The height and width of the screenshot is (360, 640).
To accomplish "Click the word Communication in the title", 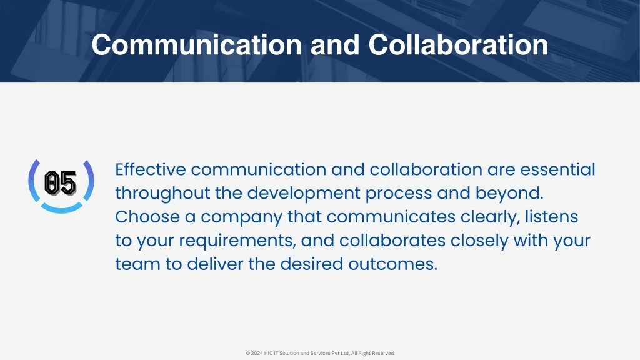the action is tap(197, 44).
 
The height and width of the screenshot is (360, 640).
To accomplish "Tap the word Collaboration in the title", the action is tap(458, 44).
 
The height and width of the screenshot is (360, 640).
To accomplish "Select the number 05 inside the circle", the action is tap(61, 183).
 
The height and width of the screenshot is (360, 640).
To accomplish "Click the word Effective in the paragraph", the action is tap(151, 169).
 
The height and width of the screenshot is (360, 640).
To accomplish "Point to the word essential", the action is tap(557, 169).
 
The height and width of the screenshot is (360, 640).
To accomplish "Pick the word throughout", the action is tap(162, 194).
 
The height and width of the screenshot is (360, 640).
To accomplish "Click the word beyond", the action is tap(509, 194).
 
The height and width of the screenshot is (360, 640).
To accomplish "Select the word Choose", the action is tap(147, 217).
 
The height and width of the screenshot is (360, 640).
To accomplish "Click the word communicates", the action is tap(391, 217).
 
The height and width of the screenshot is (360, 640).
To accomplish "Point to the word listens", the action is tap(551, 217).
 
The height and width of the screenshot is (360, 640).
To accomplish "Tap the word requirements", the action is tap(237, 241).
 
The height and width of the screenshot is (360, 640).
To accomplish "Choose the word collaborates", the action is tap(392, 241).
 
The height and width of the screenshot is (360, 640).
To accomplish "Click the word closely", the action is tap(479, 241).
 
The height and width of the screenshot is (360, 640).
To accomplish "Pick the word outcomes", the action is tap(392, 265).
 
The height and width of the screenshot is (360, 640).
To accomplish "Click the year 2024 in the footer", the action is tap(257, 354).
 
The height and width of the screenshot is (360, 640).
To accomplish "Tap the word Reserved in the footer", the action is tap(383, 354).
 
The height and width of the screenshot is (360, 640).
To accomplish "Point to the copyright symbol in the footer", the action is tap(247, 354).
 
